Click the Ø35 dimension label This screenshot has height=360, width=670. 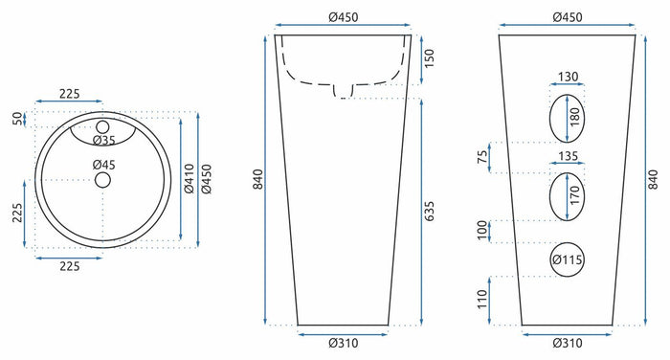click(104, 140)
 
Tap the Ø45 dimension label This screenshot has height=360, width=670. click(104, 165)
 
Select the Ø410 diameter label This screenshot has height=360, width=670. click(190, 178)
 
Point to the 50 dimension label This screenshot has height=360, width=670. click(17, 119)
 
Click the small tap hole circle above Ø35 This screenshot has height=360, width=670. click(102, 127)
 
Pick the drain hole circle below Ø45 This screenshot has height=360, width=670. click(102, 180)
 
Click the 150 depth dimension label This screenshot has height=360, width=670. click(429, 58)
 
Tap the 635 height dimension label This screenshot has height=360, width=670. click(429, 212)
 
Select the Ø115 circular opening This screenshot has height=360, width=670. click(567, 259)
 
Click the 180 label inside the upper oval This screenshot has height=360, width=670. click(575, 117)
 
